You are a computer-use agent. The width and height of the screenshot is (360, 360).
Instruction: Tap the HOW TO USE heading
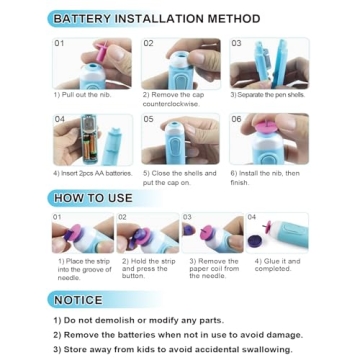94,198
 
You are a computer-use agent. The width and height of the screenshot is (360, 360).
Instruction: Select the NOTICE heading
79,300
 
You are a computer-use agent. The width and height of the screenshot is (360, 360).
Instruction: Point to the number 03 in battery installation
236,44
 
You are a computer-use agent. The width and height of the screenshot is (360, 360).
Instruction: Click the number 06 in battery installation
236,118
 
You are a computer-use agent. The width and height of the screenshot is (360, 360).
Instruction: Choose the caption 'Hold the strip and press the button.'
147,267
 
